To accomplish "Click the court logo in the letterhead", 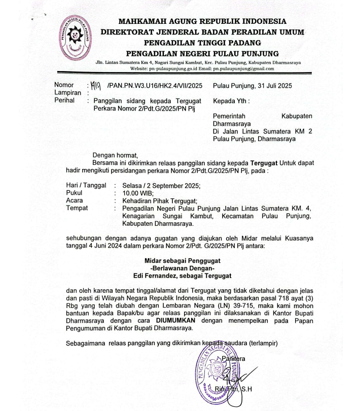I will pos(77,39).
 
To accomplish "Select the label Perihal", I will pos(63,101).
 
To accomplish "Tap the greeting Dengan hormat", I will pos(115,155).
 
